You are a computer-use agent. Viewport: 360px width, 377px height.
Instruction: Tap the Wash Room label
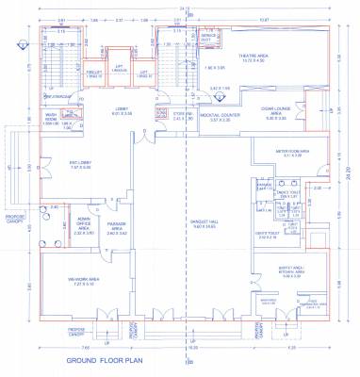click(52, 120)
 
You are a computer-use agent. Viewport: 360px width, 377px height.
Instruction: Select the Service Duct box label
click(206, 38)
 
